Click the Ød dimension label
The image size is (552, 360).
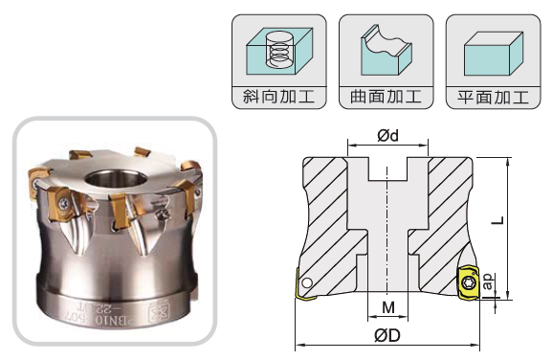[x=387, y=135]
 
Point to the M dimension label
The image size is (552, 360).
[x=388, y=307]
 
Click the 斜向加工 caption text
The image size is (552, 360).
[x=278, y=97]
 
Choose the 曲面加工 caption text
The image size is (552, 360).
[x=386, y=97]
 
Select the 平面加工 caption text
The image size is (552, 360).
[x=493, y=98]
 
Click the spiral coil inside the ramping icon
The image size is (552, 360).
[x=279, y=53]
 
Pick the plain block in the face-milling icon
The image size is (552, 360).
[x=494, y=54]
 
